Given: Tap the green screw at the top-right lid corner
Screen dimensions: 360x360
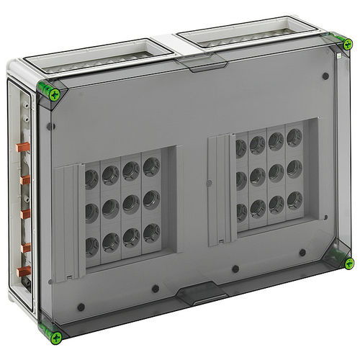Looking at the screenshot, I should click(x=348, y=44).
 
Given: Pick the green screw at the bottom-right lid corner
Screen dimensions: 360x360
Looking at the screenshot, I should click(x=348, y=263).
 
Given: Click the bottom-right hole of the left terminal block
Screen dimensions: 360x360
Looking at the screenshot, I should click(x=151, y=232).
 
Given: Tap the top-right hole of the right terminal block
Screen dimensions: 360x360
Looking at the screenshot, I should click(x=294, y=136).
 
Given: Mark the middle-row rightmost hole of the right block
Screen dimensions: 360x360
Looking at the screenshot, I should click(x=294, y=168).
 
